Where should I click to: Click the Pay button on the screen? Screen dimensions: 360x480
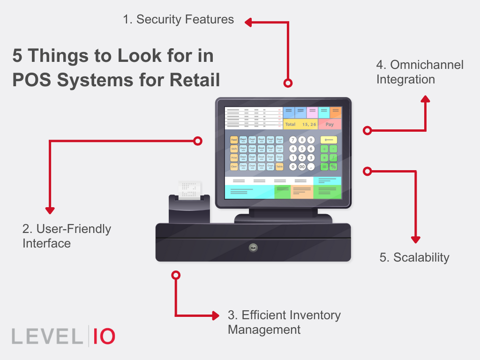click(x=330, y=124)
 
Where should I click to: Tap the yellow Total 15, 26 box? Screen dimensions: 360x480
click(x=300, y=124)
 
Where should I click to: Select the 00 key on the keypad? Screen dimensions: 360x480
click(x=302, y=166)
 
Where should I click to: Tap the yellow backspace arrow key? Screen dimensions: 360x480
click(x=329, y=140)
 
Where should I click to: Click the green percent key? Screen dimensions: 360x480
click(x=333, y=166)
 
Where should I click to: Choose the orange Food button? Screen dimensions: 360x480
click(x=234, y=140)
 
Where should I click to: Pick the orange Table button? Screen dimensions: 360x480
click(x=279, y=166)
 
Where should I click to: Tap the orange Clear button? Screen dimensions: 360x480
click(x=234, y=166)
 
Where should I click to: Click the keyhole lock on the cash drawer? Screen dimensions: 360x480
click(x=253, y=247)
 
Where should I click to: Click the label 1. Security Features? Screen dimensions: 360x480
click(x=178, y=19)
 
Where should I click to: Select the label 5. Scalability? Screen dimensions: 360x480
click(x=414, y=257)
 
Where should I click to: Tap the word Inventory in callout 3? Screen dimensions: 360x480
click(x=315, y=315)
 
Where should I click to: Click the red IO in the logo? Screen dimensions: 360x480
click(x=104, y=337)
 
